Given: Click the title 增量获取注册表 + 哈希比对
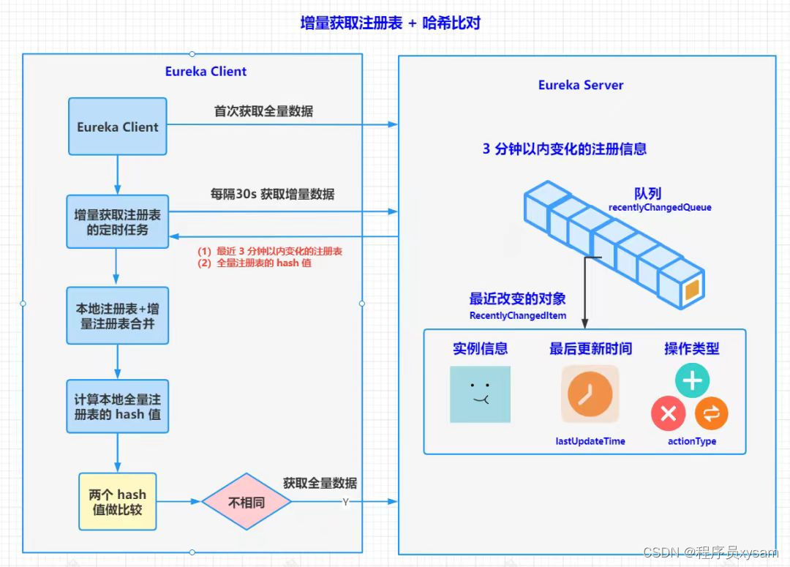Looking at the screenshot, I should click(390, 23).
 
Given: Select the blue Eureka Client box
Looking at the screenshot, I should click(118, 127).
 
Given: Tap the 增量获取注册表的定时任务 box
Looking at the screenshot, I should click(117, 222).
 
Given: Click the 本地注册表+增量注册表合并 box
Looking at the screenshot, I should click(117, 315).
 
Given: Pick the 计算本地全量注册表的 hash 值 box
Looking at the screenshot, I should click(117, 408).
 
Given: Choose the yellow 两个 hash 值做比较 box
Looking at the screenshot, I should click(117, 502).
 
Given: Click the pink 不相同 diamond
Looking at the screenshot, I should click(247, 502).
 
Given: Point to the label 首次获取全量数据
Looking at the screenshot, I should click(263, 111).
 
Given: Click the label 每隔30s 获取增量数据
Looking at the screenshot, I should click(272, 195).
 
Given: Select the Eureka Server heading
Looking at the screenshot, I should click(581, 85).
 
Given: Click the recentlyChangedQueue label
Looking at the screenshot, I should click(660, 208).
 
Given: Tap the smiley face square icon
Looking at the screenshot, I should click(480, 394).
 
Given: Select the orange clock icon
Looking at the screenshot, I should click(590, 394).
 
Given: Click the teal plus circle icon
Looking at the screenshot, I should click(692, 381).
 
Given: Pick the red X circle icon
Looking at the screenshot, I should click(668, 414).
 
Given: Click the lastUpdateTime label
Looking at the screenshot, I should click(590, 441).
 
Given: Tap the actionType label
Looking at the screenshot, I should click(692, 441).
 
